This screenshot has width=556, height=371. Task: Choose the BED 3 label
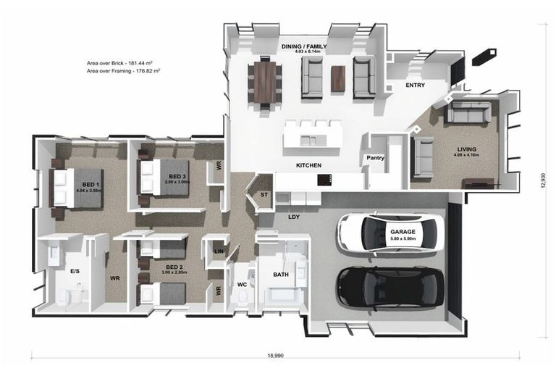pos(178,176)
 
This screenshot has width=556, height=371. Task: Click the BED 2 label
pos(174,267)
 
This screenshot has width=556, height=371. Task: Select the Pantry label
pos(375,158)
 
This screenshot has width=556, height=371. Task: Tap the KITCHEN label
pos(308,166)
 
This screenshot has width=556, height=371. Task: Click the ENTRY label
pos(416,85)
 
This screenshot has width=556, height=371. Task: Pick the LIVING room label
pos(466,150)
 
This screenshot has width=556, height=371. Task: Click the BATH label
pos(281,275)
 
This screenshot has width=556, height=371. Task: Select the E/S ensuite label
pos(75,271)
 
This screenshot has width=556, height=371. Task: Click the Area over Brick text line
pos(122,64)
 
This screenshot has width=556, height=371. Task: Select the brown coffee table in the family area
pos(338,78)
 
